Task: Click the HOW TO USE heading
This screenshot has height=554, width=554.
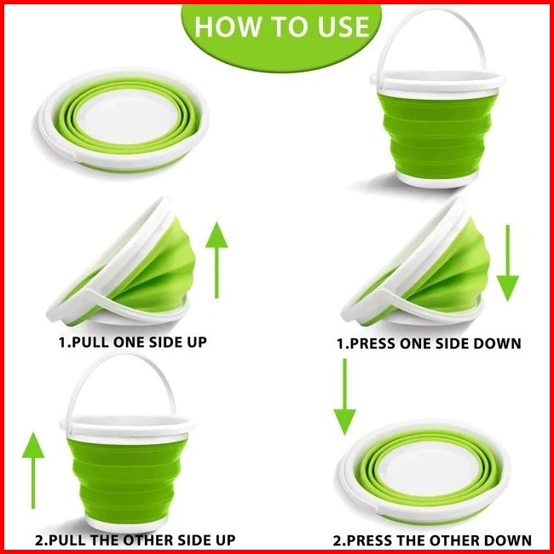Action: pyautogui.click(x=281, y=26)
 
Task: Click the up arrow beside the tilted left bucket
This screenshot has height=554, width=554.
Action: pyautogui.click(x=216, y=260)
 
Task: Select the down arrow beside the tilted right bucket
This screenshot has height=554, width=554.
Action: pyautogui.click(x=508, y=263)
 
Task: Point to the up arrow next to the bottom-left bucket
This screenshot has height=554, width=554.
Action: pyautogui.click(x=33, y=470)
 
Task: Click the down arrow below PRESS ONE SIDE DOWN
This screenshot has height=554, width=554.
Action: pyautogui.click(x=345, y=397)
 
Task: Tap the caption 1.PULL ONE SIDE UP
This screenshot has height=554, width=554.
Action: pyautogui.click(x=132, y=342)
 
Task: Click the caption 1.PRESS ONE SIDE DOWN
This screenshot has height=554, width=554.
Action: pyautogui.click(x=429, y=343)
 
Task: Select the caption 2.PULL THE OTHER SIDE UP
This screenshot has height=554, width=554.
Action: pyautogui.click(x=135, y=540)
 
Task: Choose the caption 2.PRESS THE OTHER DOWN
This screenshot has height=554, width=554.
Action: pyautogui.click(x=432, y=540)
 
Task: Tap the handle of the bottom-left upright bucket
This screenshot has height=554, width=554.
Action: pyautogui.click(x=122, y=357)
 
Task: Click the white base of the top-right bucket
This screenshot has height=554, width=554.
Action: pyautogui.click(x=437, y=180)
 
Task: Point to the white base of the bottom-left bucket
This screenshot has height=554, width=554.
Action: pyautogui.click(x=126, y=524)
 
